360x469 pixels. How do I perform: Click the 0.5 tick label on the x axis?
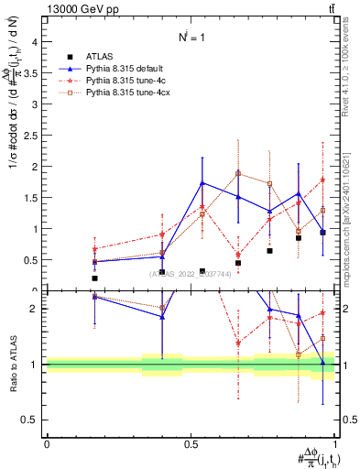tap(191, 443)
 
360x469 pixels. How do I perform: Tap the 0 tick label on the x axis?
tap(47, 443)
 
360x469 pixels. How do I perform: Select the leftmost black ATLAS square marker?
tap(94, 278)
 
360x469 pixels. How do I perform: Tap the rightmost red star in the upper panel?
tap(322, 180)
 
